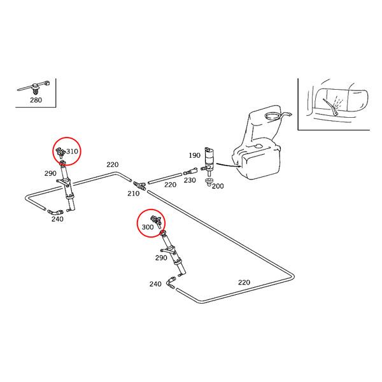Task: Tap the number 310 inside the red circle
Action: tap(72, 152)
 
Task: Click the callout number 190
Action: tap(194, 155)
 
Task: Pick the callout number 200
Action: tap(218, 186)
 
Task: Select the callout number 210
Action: tap(133, 193)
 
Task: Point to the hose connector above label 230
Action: tap(188, 171)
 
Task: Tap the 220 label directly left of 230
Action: tap(171, 185)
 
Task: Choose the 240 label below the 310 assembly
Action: tap(57, 220)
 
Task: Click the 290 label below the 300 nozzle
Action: tap(161, 258)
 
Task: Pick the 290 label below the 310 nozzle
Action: tap(50, 174)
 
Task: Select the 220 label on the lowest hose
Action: tap(244, 283)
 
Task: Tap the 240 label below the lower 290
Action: tap(155, 284)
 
